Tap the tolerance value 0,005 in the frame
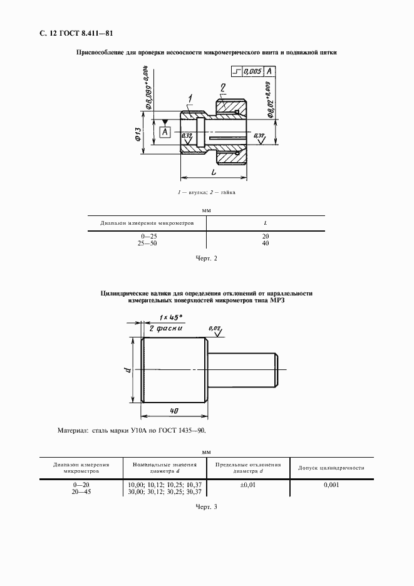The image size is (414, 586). coord(252,71)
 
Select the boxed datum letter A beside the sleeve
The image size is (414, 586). coord(165,132)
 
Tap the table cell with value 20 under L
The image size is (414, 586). coord(266,236)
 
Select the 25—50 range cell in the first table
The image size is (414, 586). coord(147,243)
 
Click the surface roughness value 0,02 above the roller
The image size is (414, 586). coord(215,328)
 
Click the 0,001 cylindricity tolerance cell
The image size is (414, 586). coord(332,485)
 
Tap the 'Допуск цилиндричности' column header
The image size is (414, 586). coord(332,468)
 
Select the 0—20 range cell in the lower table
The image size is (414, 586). coord(81,485)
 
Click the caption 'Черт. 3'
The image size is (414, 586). coord(206,506)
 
